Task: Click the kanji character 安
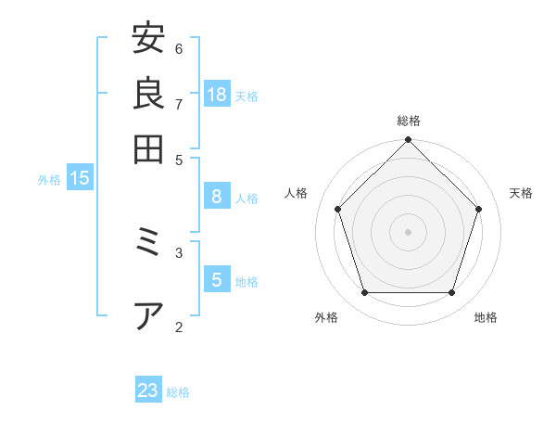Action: click(x=148, y=39)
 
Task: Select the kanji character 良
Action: click(x=148, y=94)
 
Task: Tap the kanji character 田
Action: click(x=148, y=148)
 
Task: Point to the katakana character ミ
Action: click(x=148, y=243)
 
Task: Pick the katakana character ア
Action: click(x=148, y=315)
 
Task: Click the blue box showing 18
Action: click(x=217, y=94)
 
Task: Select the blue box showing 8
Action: click(x=217, y=197)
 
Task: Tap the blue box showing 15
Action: click(x=80, y=178)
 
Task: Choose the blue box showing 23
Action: click(x=148, y=391)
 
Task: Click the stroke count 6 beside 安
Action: click(x=179, y=48)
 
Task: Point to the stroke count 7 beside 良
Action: click(x=179, y=103)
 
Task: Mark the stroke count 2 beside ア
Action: click(x=179, y=326)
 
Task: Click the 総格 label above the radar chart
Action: click(x=409, y=121)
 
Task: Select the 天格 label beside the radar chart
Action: click(x=521, y=193)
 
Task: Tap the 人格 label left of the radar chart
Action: click(x=297, y=193)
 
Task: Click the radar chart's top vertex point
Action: click(x=408, y=140)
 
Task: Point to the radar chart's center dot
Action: click(x=408, y=231)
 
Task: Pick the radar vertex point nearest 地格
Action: click(x=452, y=292)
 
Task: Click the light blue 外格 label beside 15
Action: click(x=49, y=180)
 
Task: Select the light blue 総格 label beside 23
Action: click(x=178, y=392)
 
